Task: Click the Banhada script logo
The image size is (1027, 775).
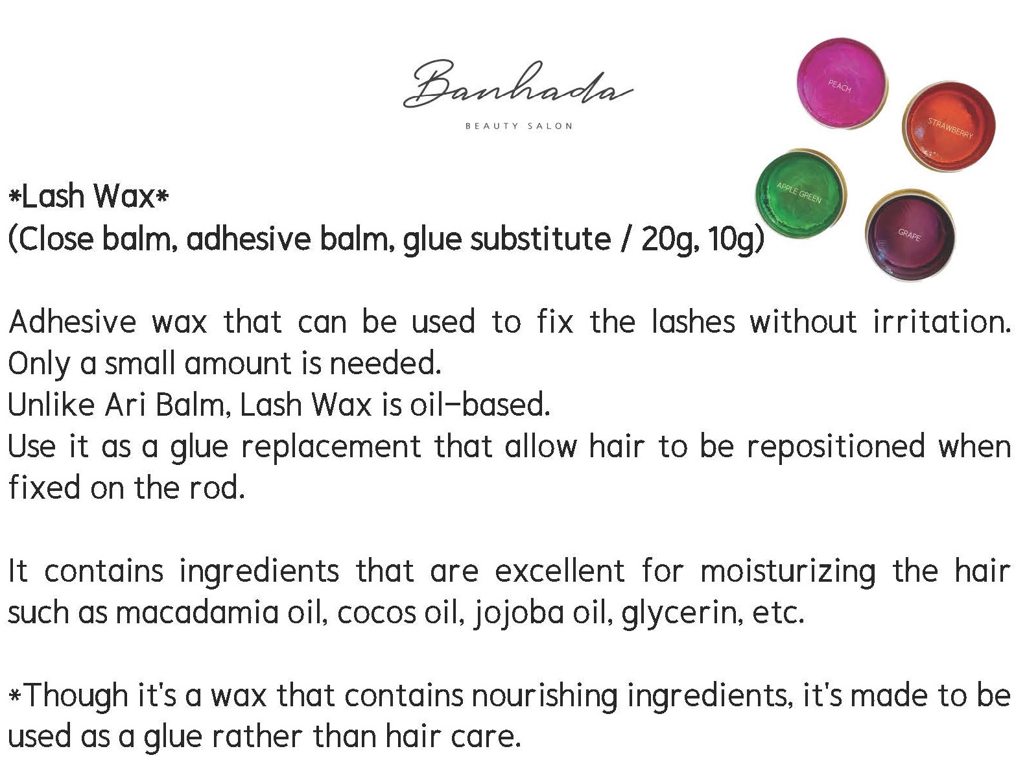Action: click(x=518, y=84)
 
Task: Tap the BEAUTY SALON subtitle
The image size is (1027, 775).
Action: click(x=519, y=126)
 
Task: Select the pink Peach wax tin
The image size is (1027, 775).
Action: click(x=842, y=83)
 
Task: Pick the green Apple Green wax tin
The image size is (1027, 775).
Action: click(x=801, y=194)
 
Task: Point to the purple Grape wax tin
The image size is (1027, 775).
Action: click(x=910, y=236)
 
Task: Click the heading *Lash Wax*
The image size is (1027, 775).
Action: click(x=88, y=196)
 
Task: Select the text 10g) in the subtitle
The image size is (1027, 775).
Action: click(x=735, y=239)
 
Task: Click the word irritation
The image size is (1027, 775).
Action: click(x=942, y=322)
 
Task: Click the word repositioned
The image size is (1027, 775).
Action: click(x=836, y=447)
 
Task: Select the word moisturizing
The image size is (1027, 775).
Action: click(x=788, y=572)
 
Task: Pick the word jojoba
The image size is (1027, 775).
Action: click(x=519, y=613)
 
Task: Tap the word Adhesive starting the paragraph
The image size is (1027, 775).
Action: click(x=73, y=322)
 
